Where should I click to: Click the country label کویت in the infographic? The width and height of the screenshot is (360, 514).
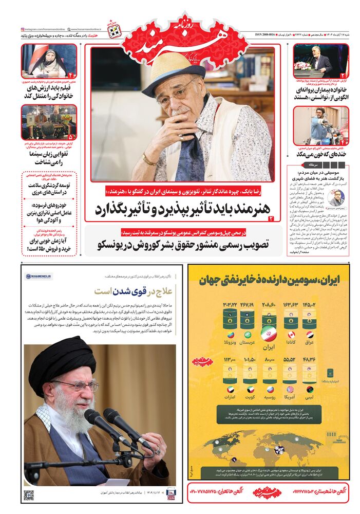(250, 398)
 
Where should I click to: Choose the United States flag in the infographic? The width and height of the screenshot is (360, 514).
(291, 389)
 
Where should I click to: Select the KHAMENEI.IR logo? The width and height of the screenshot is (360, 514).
(40, 277)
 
